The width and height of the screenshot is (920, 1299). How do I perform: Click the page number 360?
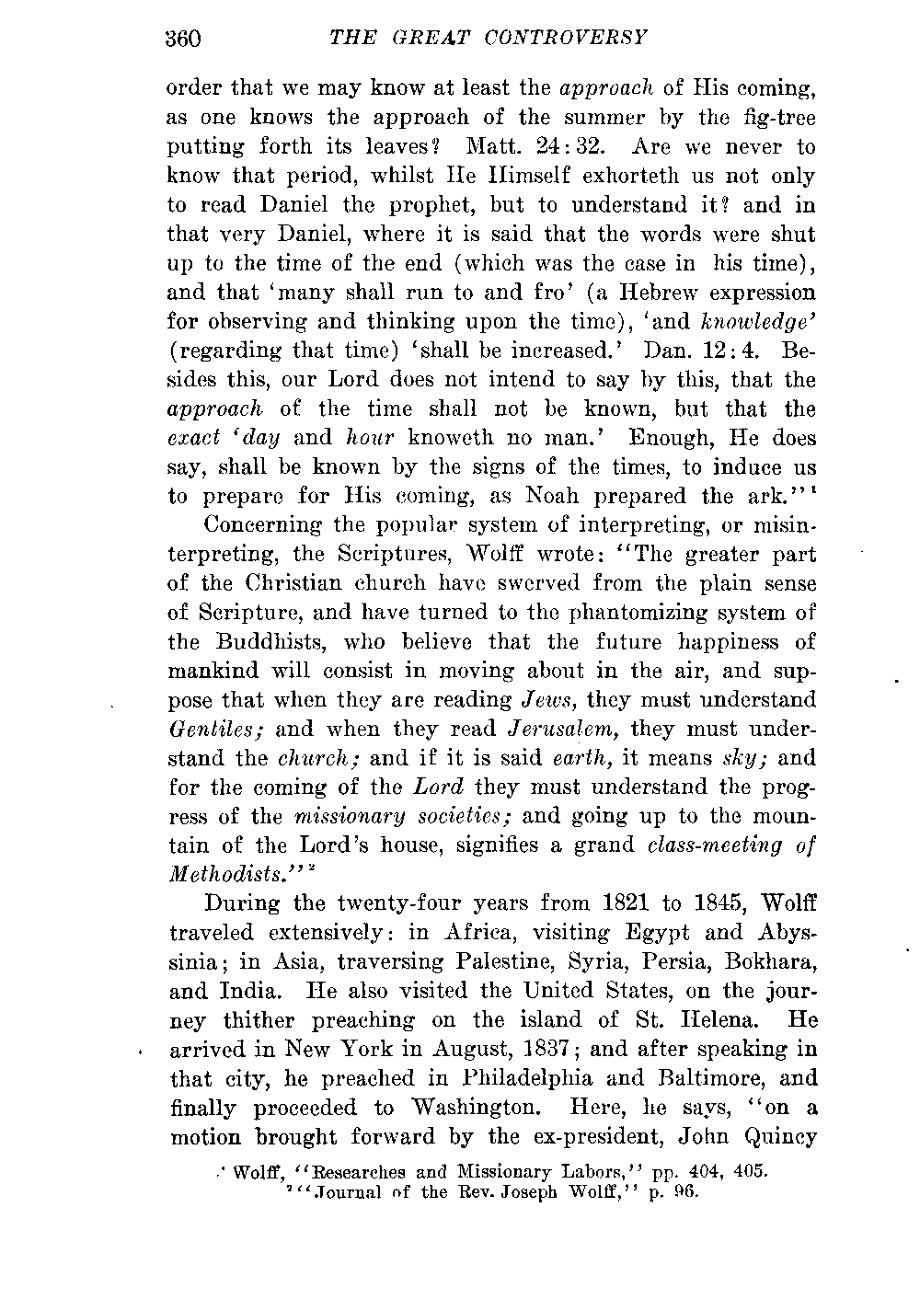[x=184, y=38]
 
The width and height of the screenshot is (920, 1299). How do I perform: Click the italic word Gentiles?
[x=215, y=730]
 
